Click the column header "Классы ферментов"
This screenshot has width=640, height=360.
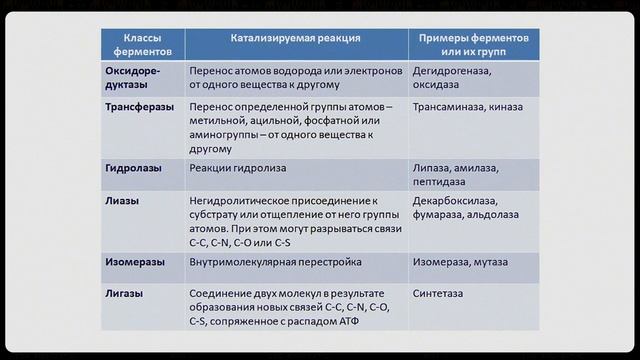click(142, 45)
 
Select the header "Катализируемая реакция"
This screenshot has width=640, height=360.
click(296, 38)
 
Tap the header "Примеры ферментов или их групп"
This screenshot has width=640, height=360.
click(473, 45)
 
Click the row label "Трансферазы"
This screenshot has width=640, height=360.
click(140, 107)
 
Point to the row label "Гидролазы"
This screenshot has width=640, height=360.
click(133, 168)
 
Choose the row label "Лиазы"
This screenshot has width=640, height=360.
click(122, 201)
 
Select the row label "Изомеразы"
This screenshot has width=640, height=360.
click(135, 262)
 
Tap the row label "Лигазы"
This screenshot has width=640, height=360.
click(124, 293)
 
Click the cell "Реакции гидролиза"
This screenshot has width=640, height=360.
click(238, 168)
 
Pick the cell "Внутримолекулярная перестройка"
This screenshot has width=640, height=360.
click(276, 262)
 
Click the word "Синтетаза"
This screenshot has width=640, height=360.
click(438, 293)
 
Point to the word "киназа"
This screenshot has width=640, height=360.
click(506, 107)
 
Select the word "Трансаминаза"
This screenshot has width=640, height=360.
click(449, 107)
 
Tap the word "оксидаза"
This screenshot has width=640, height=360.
click(436, 85)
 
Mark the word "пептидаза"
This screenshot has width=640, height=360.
click(439, 182)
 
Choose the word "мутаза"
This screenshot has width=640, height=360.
click(491, 262)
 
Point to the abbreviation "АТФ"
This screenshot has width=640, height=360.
click(349, 321)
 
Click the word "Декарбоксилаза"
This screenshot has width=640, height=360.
click(455, 201)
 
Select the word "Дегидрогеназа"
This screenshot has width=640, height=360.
click(452, 71)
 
